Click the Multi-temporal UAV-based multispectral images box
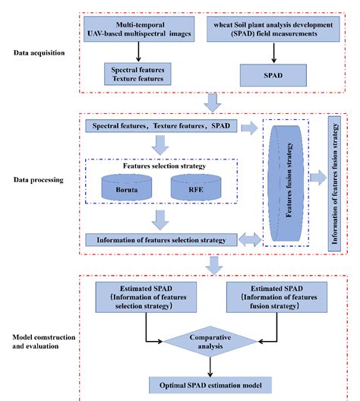pos(137,30)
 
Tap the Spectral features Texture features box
pos(137,74)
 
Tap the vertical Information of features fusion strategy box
pos(336,183)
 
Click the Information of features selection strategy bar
pos(161,240)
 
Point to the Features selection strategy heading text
pos(158,163)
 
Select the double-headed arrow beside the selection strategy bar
pos(248,240)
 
